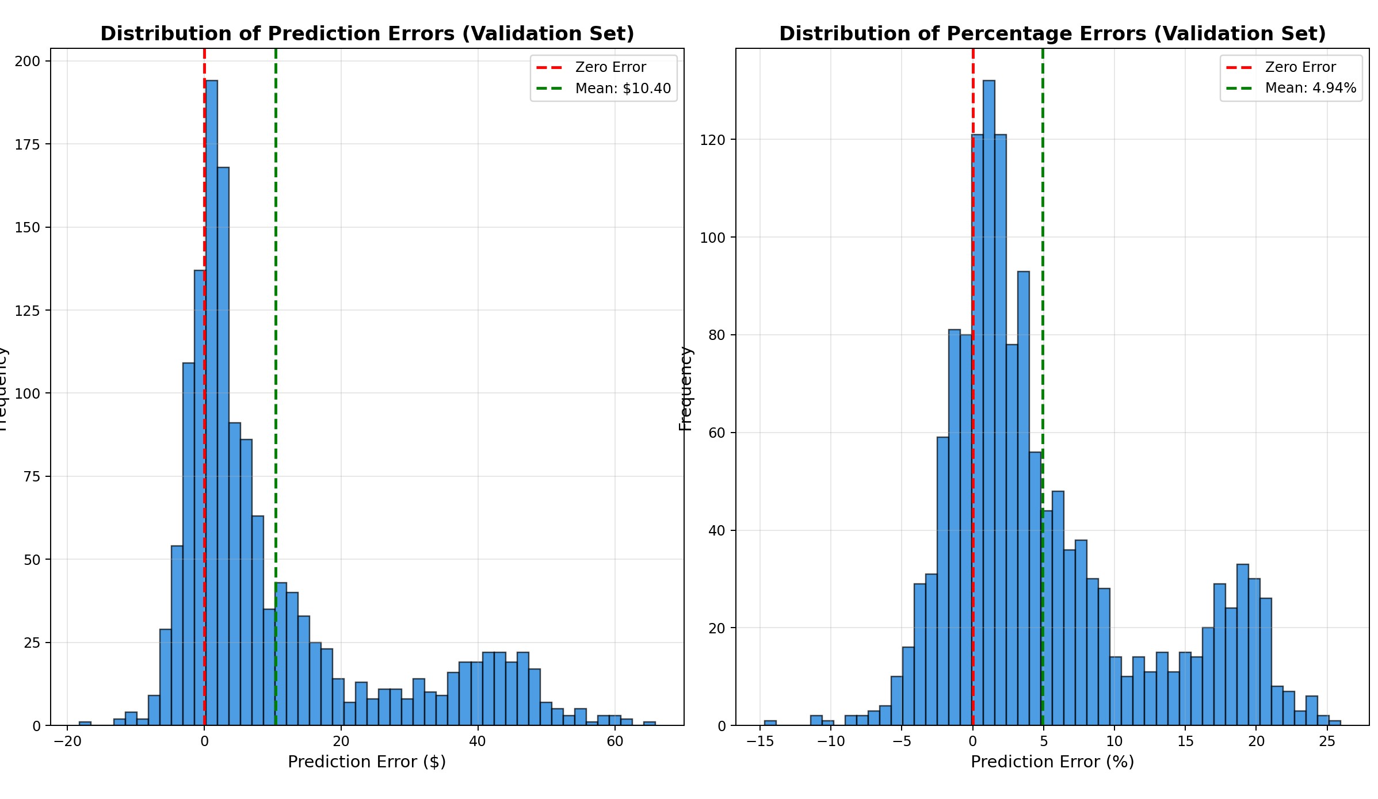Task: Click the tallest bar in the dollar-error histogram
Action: coord(211,403)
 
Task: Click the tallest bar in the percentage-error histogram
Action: coord(988,403)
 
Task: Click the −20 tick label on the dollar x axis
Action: coord(67,741)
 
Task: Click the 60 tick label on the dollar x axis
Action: coord(615,741)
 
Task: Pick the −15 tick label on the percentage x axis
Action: coord(759,741)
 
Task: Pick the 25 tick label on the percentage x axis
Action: coord(1327,741)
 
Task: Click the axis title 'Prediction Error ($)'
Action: coord(367,762)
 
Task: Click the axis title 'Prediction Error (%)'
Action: coord(1052,762)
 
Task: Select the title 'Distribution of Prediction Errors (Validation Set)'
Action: coord(367,34)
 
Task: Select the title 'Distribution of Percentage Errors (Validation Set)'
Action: coord(1052,34)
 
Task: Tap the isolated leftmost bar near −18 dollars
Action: coord(85,724)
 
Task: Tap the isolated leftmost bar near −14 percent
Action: coord(770,723)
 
